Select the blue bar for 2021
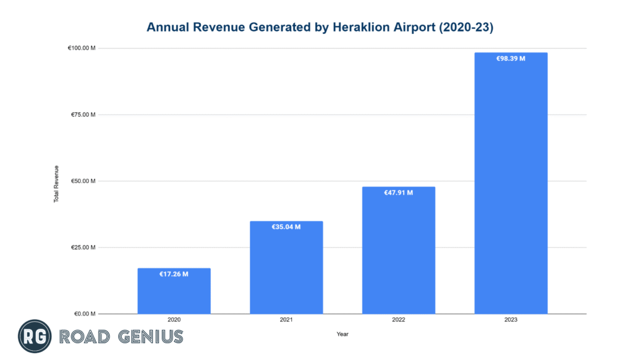tap(286, 269)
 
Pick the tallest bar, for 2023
tap(511, 186)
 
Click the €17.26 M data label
tap(174, 273)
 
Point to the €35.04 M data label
tap(286, 227)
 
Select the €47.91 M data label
tap(398, 193)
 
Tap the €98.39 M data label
tap(511, 59)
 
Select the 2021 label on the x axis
tap(286, 320)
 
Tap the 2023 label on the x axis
tap(511, 320)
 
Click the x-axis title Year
tap(342, 334)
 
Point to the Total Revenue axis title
tap(56, 184)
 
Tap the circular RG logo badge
tap(35, 336)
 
